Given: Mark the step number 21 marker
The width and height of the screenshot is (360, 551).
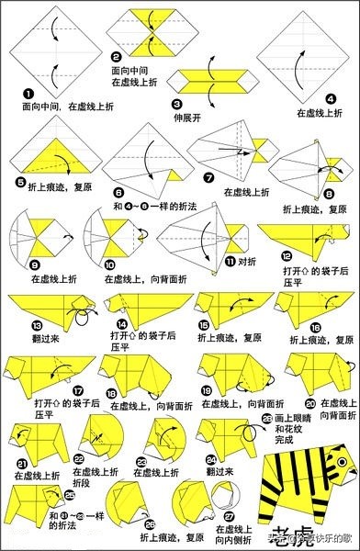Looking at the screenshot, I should tap(22, 461).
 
